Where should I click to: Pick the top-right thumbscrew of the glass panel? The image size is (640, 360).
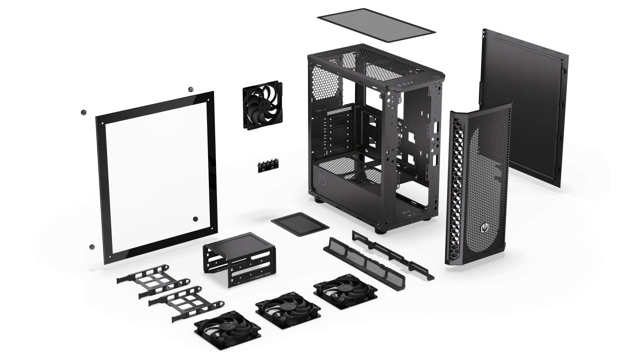[x=190, y=89]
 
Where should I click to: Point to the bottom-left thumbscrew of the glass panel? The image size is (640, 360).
[x=91, y=246]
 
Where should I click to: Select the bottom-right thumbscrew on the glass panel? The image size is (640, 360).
[x=195, y=218]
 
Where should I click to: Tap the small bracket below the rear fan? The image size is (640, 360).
[x=268, y=166]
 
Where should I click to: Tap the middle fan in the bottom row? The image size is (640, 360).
[x=281, y=308]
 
